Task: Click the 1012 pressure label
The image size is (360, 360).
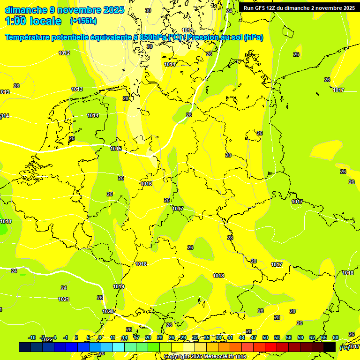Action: (64, 53)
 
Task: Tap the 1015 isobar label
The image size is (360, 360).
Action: (116, 149)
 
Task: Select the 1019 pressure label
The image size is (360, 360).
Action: (119, 286)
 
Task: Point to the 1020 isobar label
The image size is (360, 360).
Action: (108, 311)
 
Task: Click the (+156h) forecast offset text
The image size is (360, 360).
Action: (83, 21)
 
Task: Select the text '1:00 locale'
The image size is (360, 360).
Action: (34, 21)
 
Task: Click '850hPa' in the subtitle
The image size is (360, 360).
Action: (153, 37)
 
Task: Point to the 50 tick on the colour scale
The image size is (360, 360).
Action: (265, 337)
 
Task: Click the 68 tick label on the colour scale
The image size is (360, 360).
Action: (336, 337)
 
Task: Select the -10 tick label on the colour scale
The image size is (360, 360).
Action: (32, 337)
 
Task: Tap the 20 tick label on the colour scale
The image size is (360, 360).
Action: (148, 337)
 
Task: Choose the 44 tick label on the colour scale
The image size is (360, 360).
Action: (242, 337)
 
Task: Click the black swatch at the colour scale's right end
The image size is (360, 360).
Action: (330, 347)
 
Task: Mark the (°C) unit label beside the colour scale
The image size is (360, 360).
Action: (344, 347)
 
